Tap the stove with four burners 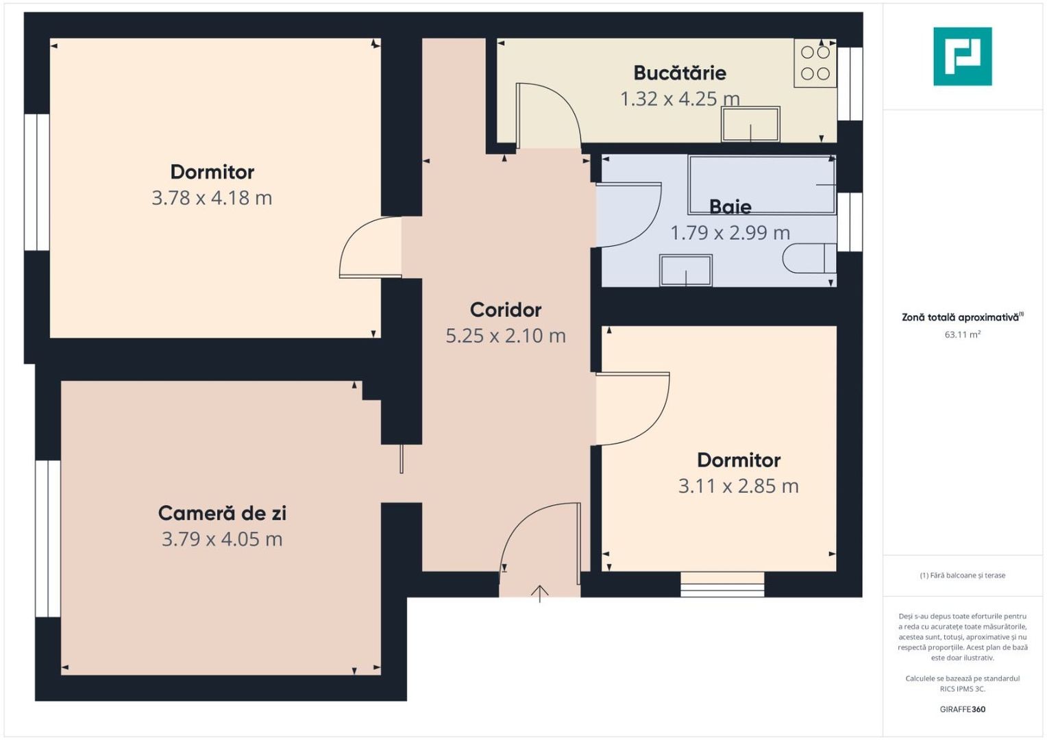[815, 62]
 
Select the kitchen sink [750, 124]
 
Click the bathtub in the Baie [762, 184]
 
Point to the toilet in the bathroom [809, 258]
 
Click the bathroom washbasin [685, 270]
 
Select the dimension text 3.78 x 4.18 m [212, 198]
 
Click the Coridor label [506, 310]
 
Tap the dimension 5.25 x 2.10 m [506, 336]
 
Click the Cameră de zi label [222, 513]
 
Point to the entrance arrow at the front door [540, 593]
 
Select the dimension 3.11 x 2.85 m [738, 486]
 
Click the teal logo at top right [962, 56]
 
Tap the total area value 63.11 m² [962, 335]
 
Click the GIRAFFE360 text [962, 709]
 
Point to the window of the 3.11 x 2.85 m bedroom [722, 584]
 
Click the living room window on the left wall [48, 539]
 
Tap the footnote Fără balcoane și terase [962, 576]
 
